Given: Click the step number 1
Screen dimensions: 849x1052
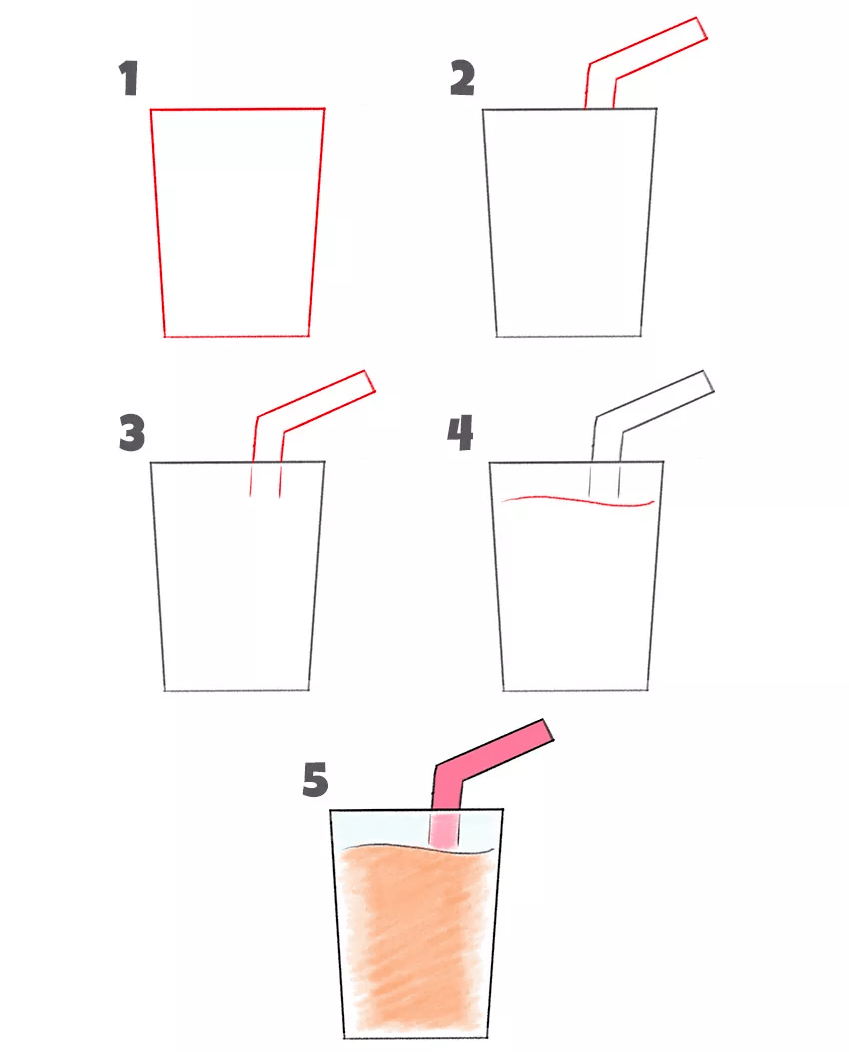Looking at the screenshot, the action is pos(128,78).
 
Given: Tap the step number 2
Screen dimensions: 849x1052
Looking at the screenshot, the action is pos(463,78).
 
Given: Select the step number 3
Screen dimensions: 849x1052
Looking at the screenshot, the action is pos(132,433).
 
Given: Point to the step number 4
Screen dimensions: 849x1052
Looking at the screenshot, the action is pos(461,433).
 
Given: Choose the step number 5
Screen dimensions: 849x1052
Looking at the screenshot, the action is pos(315,780).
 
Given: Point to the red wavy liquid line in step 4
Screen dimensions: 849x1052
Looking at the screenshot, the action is pos(578,499).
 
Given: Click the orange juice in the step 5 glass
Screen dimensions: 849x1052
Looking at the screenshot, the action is pos(417,939).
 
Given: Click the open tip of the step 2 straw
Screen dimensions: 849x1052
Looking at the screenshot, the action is pos(703,28).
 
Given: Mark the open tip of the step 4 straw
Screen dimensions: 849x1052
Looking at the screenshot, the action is pos(709,380).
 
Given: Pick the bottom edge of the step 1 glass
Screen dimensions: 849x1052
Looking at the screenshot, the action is pos(237,336).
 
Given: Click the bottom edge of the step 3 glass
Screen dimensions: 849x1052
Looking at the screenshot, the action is pos(237,690).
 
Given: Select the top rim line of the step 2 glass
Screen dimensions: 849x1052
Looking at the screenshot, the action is pos(569,108).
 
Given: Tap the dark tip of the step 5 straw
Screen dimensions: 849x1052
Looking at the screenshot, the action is pos(548,730).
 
